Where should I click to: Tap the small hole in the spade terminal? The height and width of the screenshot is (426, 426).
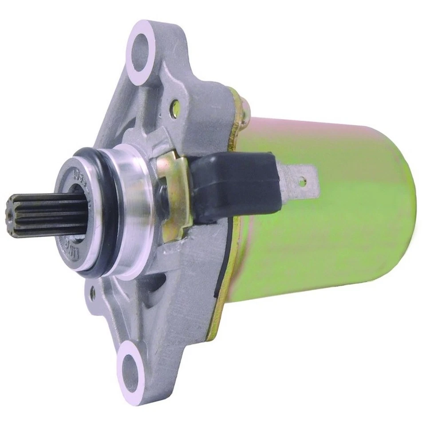coord(302,181)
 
